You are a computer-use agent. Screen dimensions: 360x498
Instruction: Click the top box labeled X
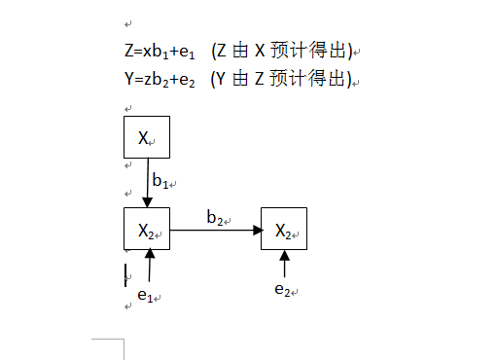coord(147,137)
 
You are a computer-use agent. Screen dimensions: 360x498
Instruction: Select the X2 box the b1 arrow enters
coord(147,230)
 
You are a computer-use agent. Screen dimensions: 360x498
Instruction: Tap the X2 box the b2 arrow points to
coord(284,230)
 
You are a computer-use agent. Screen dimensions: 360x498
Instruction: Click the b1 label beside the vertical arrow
coord(160,180)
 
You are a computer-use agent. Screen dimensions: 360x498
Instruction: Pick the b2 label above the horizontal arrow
coord(216,217)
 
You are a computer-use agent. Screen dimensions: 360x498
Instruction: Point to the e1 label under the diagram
coord(145,295)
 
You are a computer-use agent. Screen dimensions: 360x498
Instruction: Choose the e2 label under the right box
coord(282,289)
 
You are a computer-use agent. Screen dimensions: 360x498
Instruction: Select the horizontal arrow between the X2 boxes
coord(216,231)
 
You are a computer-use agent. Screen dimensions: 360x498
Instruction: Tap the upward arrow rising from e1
coord(149,266)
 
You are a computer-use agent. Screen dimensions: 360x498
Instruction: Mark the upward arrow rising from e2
coord(284,264)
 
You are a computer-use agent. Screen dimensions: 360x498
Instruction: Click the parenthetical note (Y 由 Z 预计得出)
coord(280,79)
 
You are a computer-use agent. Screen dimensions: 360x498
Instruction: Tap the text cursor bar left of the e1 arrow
coord(125,274)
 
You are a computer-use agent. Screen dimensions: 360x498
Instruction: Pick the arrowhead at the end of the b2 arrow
coord(258,231)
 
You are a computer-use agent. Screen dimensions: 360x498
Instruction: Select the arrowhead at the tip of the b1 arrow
coord(147,202)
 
